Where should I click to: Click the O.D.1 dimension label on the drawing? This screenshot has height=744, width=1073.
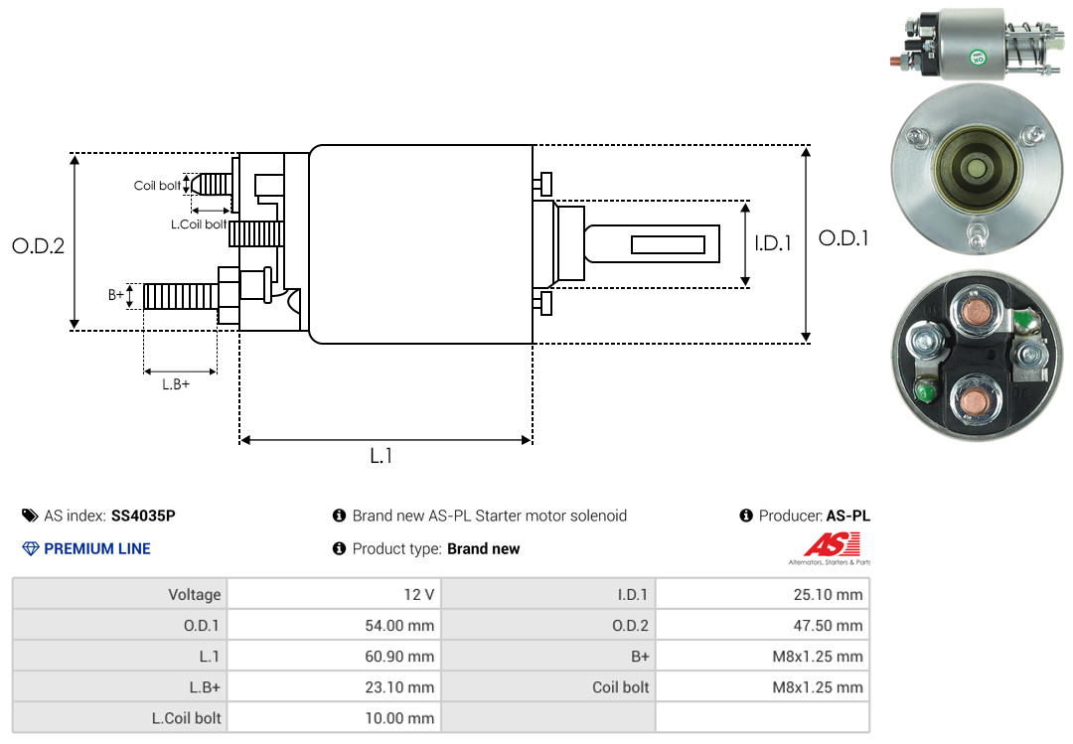pyautogui.click(x=843, y=238)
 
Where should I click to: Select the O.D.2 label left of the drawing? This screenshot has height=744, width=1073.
pyautogui.click(x=38, y=245)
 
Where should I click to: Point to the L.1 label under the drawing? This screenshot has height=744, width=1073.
pyautogui.click(x=382, y=456)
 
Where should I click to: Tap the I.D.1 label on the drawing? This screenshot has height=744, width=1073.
pyautogui.click(x=773, y=242)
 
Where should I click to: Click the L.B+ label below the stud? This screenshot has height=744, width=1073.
pyautogui.click(x=176, y=384)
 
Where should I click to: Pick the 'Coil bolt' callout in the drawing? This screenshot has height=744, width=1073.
pyautogui.click(x=157, y=186)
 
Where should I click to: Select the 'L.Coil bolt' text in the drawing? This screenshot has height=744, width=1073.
pyautogui.click(x=198, y=224)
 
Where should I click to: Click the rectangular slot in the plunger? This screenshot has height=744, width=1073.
pyautogui.click(x=668, y=244)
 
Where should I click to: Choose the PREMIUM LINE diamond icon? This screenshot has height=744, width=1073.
pyautogui.click(x=30, y=548)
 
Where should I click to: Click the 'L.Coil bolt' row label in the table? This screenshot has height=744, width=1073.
pyautogui.click(x=186, y=717)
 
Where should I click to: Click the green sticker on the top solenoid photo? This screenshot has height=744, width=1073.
pyautogui.click(x=977, y=56)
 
